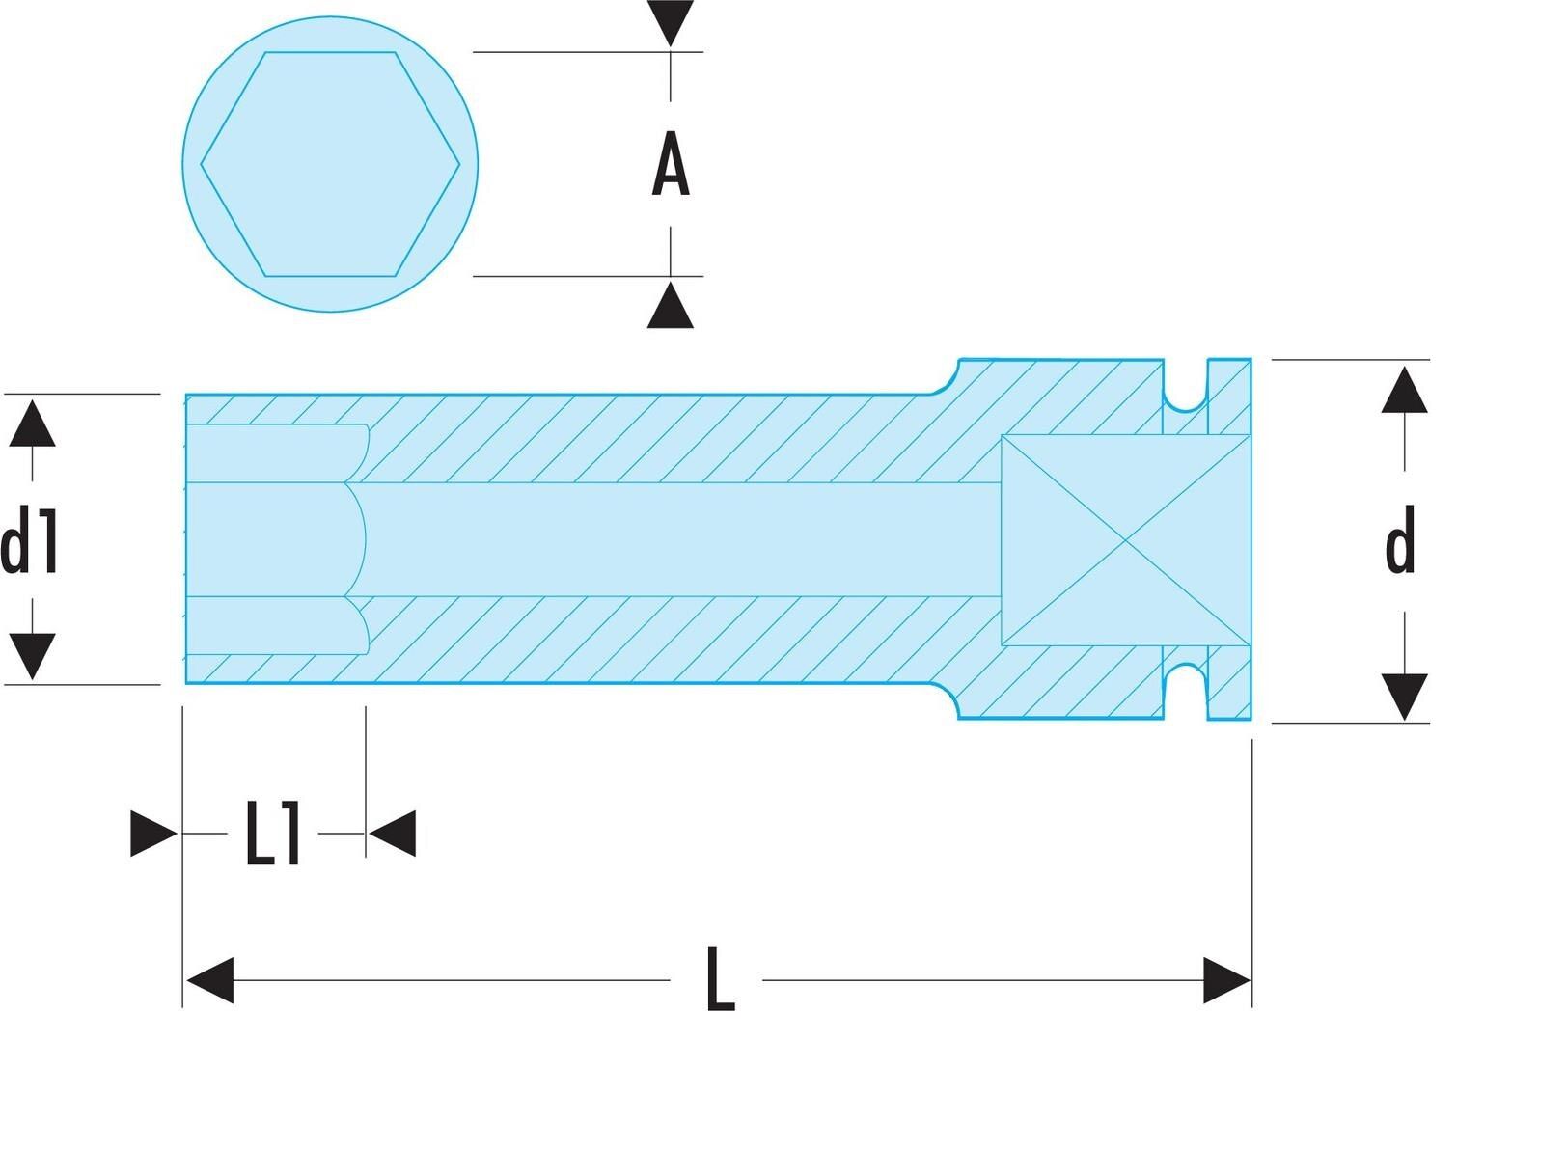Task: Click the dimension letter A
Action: pos(671,164)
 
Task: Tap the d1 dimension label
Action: pos(29,539)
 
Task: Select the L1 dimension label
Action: pos(273,834)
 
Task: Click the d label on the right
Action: pos(1400,539)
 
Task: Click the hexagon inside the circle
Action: pos(330,164)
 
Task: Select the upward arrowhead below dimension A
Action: pos(671,305)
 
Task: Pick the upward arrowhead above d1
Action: pos(32,424)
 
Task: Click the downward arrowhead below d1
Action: pos(32,656)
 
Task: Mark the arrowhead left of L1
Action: pos(154,834)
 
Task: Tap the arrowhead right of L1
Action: pos(393,834)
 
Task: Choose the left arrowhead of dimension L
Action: pos(210,980)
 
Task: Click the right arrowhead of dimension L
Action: pos(1227,980)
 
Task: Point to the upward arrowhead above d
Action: pos(1404,390)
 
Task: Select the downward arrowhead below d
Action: pos(1404,698)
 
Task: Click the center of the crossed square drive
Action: pos(1126,540)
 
